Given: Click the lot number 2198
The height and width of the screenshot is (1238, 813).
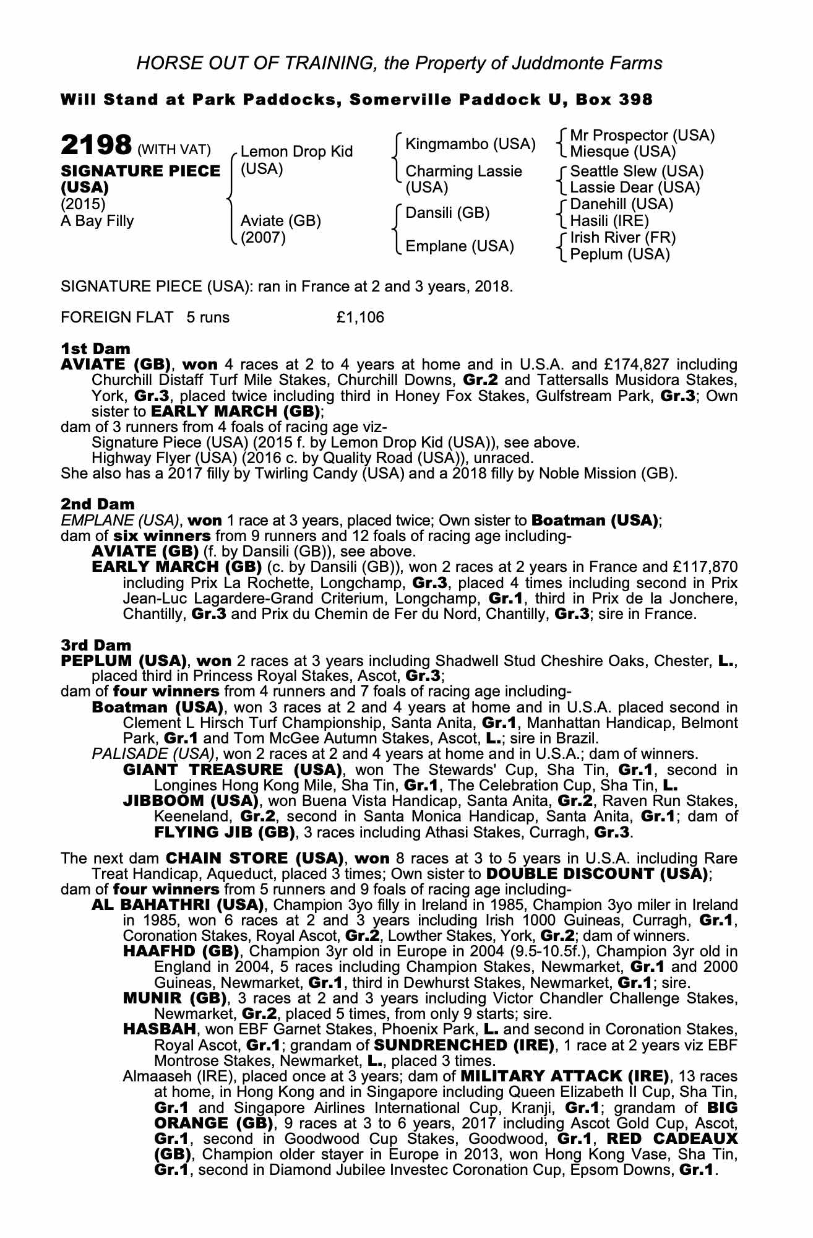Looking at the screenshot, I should tap(95, 146).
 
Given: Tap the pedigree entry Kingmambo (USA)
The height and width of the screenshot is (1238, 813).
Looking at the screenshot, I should tap(470, 144).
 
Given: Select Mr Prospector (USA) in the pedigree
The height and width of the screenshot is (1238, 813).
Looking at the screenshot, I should tap(642, 136).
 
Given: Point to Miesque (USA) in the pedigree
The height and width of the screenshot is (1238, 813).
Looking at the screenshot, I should tap(622, 152).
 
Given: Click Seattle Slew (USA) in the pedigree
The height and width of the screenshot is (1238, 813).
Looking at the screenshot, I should tap(637, 171).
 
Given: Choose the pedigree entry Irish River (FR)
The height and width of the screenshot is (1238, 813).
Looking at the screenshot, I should tap(622, 238).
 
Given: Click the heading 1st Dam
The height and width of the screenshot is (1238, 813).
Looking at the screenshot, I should tap(96, 349).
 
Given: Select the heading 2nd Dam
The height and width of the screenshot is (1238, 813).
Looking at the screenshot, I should tap(97, 504).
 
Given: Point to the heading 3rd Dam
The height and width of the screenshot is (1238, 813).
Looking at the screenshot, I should tap(97, 645).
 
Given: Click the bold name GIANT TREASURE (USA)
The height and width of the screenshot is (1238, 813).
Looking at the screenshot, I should tap(233, 770).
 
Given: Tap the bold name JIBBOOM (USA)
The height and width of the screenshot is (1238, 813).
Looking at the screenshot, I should tap(191, 801).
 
